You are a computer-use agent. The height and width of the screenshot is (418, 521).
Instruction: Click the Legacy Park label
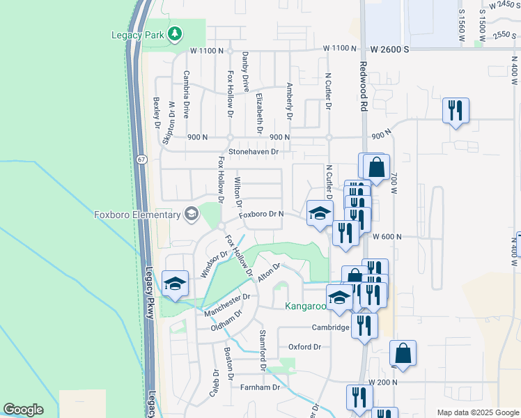click(x=139, y=35)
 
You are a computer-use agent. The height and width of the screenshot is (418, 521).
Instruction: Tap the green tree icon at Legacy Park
click(x=176, y=33)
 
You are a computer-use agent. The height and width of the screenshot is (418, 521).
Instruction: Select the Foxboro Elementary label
click(x=137, y=215)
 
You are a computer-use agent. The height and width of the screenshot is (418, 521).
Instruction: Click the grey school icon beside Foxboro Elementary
click(x=192, y=214)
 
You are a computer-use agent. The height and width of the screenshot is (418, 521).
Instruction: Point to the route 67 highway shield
click(x=141, y=160)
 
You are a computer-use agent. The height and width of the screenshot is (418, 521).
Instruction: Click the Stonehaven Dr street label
click(x=254, y=151)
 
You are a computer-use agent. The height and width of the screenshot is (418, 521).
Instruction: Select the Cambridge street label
click(x=330, y=327)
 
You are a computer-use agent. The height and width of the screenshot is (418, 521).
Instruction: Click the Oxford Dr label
click(x=304, y=347)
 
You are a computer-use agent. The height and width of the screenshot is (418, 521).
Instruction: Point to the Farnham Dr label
click(x=260, y=387)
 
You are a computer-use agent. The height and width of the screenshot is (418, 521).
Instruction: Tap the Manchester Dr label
click(x=227, y=304)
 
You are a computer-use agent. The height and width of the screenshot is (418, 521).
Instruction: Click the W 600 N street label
click(x=387, y=237)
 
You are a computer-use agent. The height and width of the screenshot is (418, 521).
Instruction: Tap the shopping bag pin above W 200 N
click(x=403, y=354)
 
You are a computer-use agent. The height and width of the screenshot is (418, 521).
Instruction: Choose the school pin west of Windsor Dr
click(x=175, y=284)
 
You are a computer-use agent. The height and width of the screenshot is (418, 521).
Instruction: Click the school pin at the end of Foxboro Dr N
click(x=320, y=214)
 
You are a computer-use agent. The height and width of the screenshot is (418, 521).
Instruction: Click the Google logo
click(x=23, y=410)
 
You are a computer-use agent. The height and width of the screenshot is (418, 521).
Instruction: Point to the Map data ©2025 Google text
click(x=478, y=412)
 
